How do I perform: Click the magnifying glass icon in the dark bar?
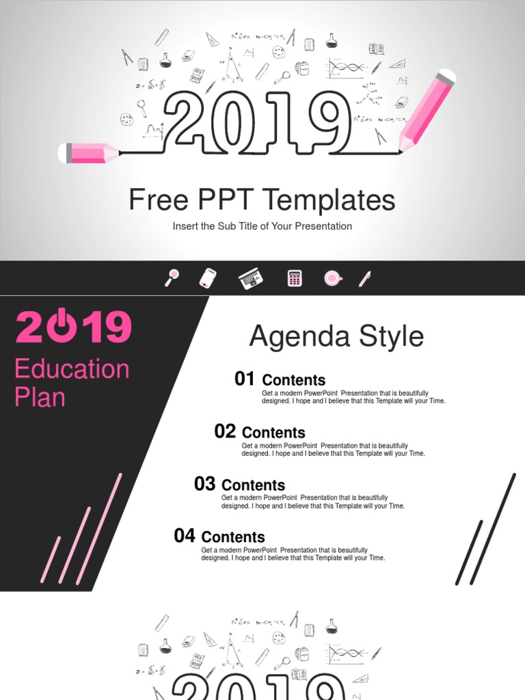172,278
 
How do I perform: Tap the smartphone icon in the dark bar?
208,278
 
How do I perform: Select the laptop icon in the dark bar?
250,278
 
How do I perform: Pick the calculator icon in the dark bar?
295,278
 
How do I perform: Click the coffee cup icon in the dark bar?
333,278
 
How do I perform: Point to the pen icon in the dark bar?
364,278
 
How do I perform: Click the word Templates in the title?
329,200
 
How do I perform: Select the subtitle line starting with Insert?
262,226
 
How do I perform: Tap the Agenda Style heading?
336,336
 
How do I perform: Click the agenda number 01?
244,379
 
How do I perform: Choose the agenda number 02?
224,431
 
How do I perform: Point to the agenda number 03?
204,484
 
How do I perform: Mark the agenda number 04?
184,536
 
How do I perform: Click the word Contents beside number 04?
233,537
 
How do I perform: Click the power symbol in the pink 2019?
60,327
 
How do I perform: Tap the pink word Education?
72,369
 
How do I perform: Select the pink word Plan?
40,398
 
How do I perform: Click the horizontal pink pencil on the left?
89,153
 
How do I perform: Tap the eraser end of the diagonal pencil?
445,77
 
